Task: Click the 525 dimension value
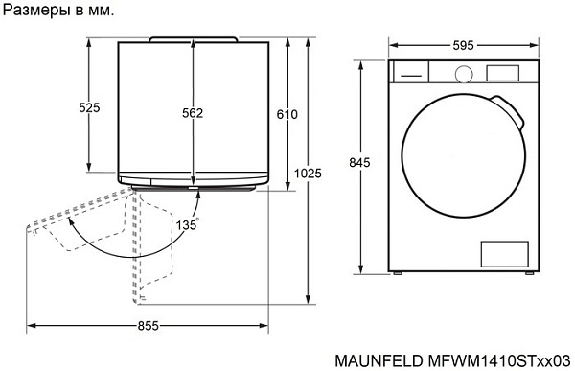click(89, 108)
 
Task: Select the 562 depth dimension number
click(193, 113)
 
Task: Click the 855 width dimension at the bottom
click(148, 326)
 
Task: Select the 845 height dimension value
click(358, 163)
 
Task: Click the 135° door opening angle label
click(187, 223)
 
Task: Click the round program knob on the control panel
click(464, 73)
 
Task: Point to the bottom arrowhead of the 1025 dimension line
click(308, 298)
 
